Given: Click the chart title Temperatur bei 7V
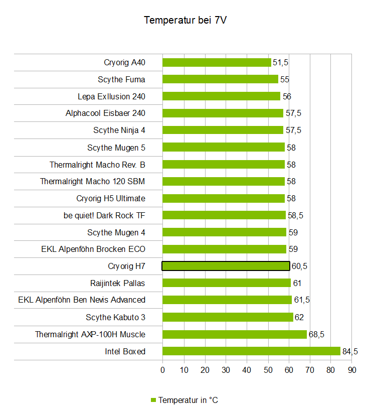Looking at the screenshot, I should point(185,20).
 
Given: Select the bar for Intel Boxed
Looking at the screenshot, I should point(251,351).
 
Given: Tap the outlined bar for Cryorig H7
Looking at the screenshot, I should point(226,266).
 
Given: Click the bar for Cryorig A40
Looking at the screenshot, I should point(217,62).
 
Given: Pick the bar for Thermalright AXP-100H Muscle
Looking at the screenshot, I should point(234,334).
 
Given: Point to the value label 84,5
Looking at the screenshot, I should point(350,351).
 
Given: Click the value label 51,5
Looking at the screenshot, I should point(280,62).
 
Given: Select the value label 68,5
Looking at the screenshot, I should point(316,334).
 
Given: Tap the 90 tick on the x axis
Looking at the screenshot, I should point(352,370).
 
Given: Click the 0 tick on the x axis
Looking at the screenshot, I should point(162,370).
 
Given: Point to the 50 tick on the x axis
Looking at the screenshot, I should point(268,370).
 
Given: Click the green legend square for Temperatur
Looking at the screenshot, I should point(154,400).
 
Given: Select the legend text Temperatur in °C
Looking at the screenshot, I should point(188,400).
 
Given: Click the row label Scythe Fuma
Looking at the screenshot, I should point(121,79).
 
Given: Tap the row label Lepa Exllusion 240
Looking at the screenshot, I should point(111,96).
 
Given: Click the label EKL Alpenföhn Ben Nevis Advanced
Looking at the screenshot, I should point(82,300).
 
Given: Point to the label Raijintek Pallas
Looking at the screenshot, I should point(117,283).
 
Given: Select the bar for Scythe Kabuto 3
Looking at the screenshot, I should point(228,317).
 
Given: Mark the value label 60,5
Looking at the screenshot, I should point(299,266).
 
